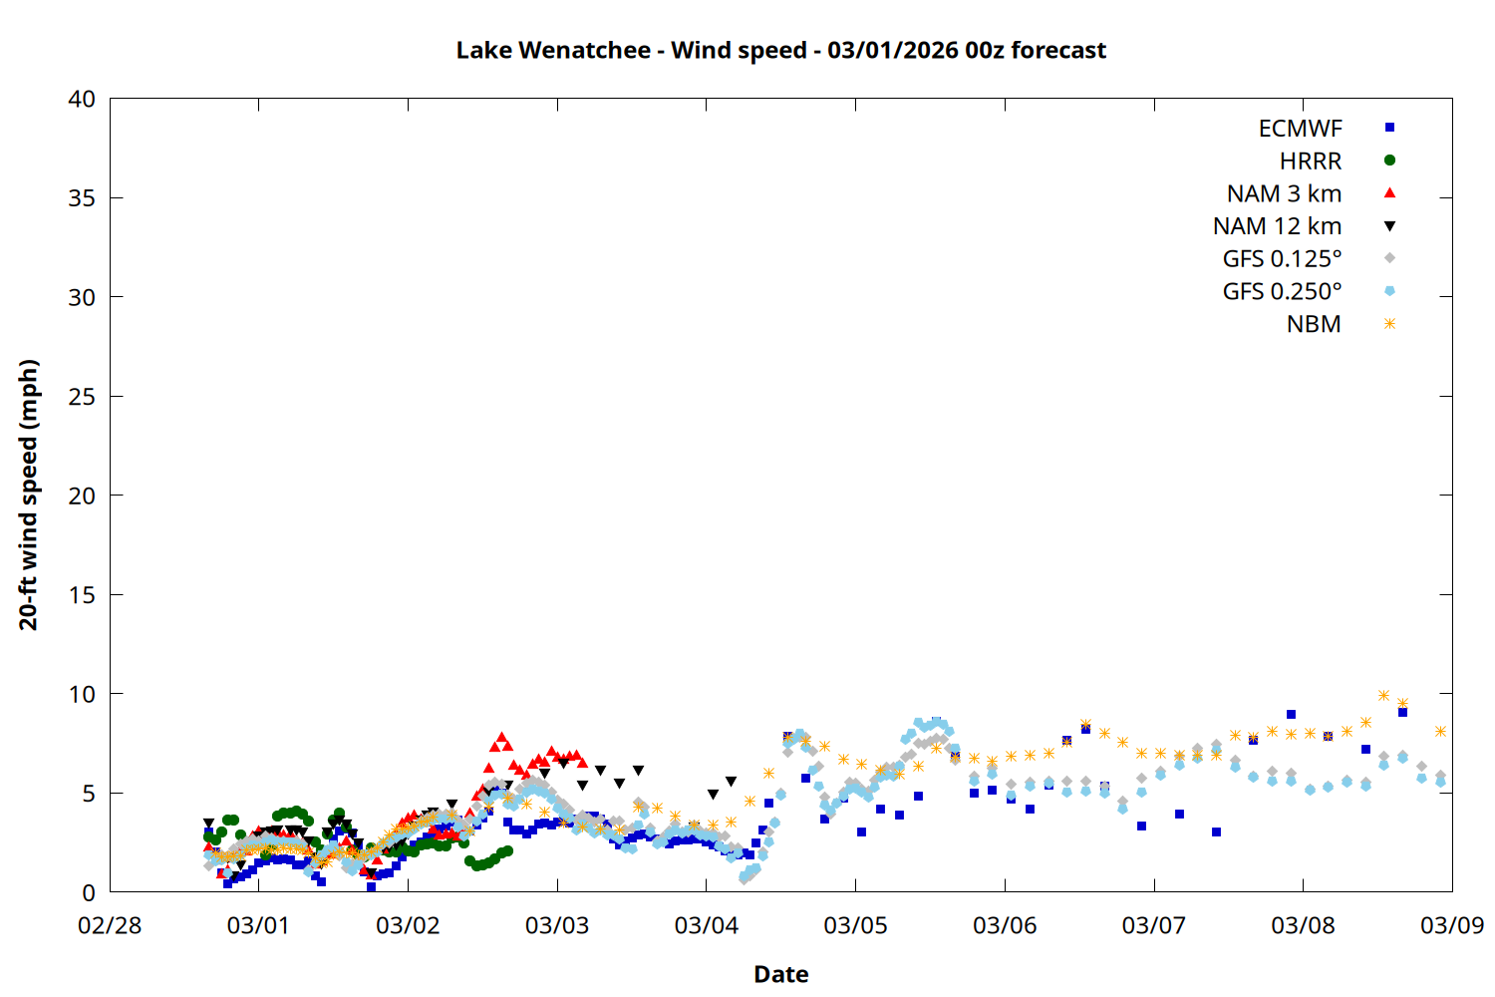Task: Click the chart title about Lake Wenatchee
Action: coord(780,50)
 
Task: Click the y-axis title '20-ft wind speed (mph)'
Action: coord(28,495)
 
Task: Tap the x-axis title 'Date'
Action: coord(780,974)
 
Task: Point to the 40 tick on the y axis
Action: coord(82,99)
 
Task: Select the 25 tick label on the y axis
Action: coord(82,397)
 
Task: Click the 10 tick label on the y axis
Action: coord(82,694)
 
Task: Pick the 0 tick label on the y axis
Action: coord(89,892)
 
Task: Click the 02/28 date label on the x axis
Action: coord(110,925)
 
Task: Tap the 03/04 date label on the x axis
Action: coord(706,925)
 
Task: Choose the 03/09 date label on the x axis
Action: coord(1451,925)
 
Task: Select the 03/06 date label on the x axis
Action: coord(1005,925)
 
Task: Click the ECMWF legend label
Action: coord(1300,129)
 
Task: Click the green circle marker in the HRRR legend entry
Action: coord(1389,161)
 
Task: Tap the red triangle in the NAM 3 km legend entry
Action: coord(1389,192)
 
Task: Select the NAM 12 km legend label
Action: coord(1277,226)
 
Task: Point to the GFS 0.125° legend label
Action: coord(1282,259)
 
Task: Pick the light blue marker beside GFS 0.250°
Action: coord(1389,291)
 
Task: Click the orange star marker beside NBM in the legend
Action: coord(1389,324)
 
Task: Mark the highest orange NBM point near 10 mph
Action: coord(1383,695)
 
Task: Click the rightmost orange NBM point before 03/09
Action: coord(1440,731)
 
